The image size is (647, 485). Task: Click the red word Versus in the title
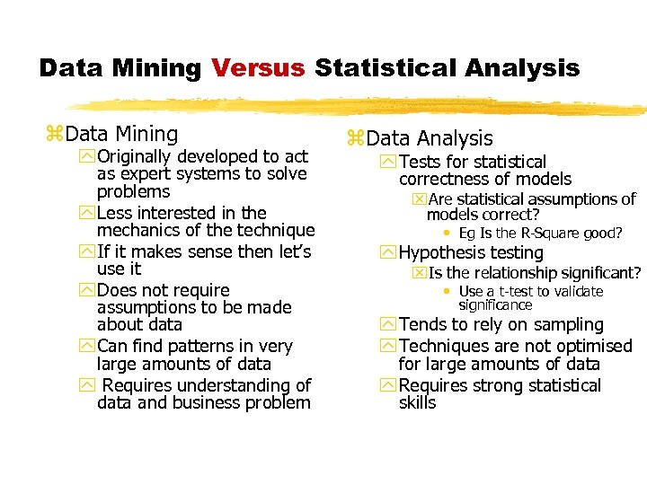[x=259, y=68]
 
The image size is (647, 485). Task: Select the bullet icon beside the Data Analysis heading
[x=354, y=138]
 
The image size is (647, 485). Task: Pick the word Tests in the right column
[x=420, y=162]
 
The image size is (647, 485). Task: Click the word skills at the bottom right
[x=417, y=402]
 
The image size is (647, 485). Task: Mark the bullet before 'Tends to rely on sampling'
[x=388, y=324]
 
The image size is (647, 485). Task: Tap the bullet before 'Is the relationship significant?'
[x=419, y=273]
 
